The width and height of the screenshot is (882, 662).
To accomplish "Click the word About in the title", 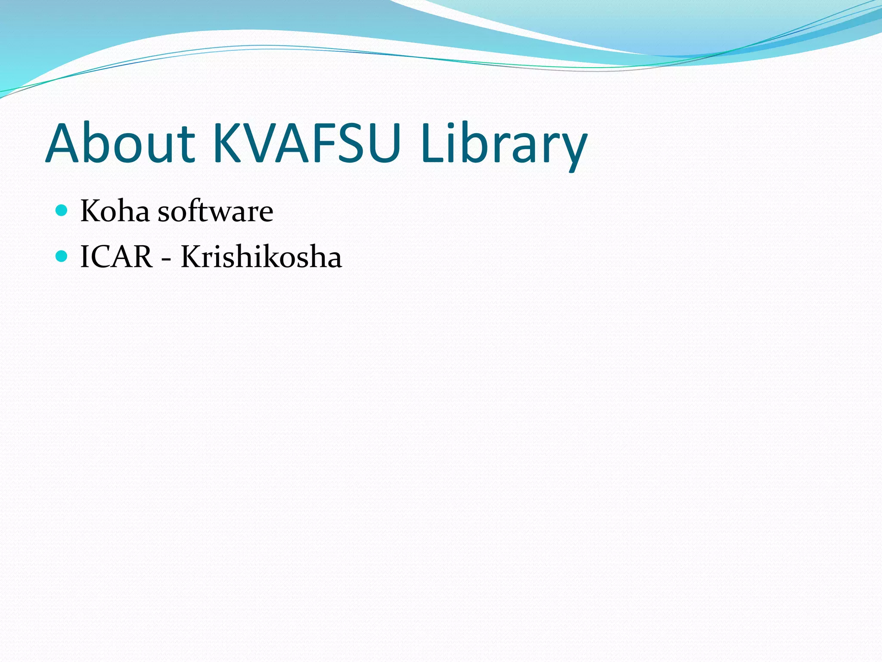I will [x=120, y=143].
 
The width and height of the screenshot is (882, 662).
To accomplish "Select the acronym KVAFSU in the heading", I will [x=307, y=143].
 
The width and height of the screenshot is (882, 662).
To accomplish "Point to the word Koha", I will [x=115, y=211].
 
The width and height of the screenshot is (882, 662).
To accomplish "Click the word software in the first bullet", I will [x=215, y=211].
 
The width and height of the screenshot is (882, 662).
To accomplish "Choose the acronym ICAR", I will [x=116, y=257].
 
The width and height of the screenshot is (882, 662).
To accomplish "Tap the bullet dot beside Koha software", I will [x=62, y=211].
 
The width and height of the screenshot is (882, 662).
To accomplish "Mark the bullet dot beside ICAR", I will [x=62, y=256].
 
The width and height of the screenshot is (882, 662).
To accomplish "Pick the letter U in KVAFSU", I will [x=380, y=144].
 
